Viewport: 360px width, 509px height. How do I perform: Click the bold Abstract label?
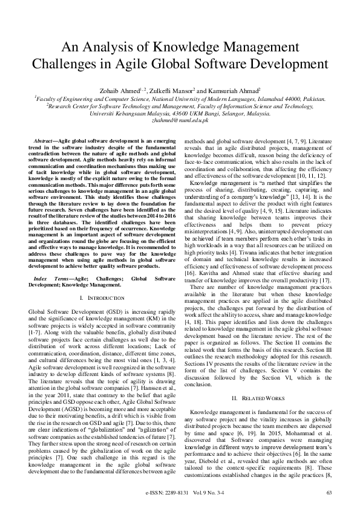[45, 140]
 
